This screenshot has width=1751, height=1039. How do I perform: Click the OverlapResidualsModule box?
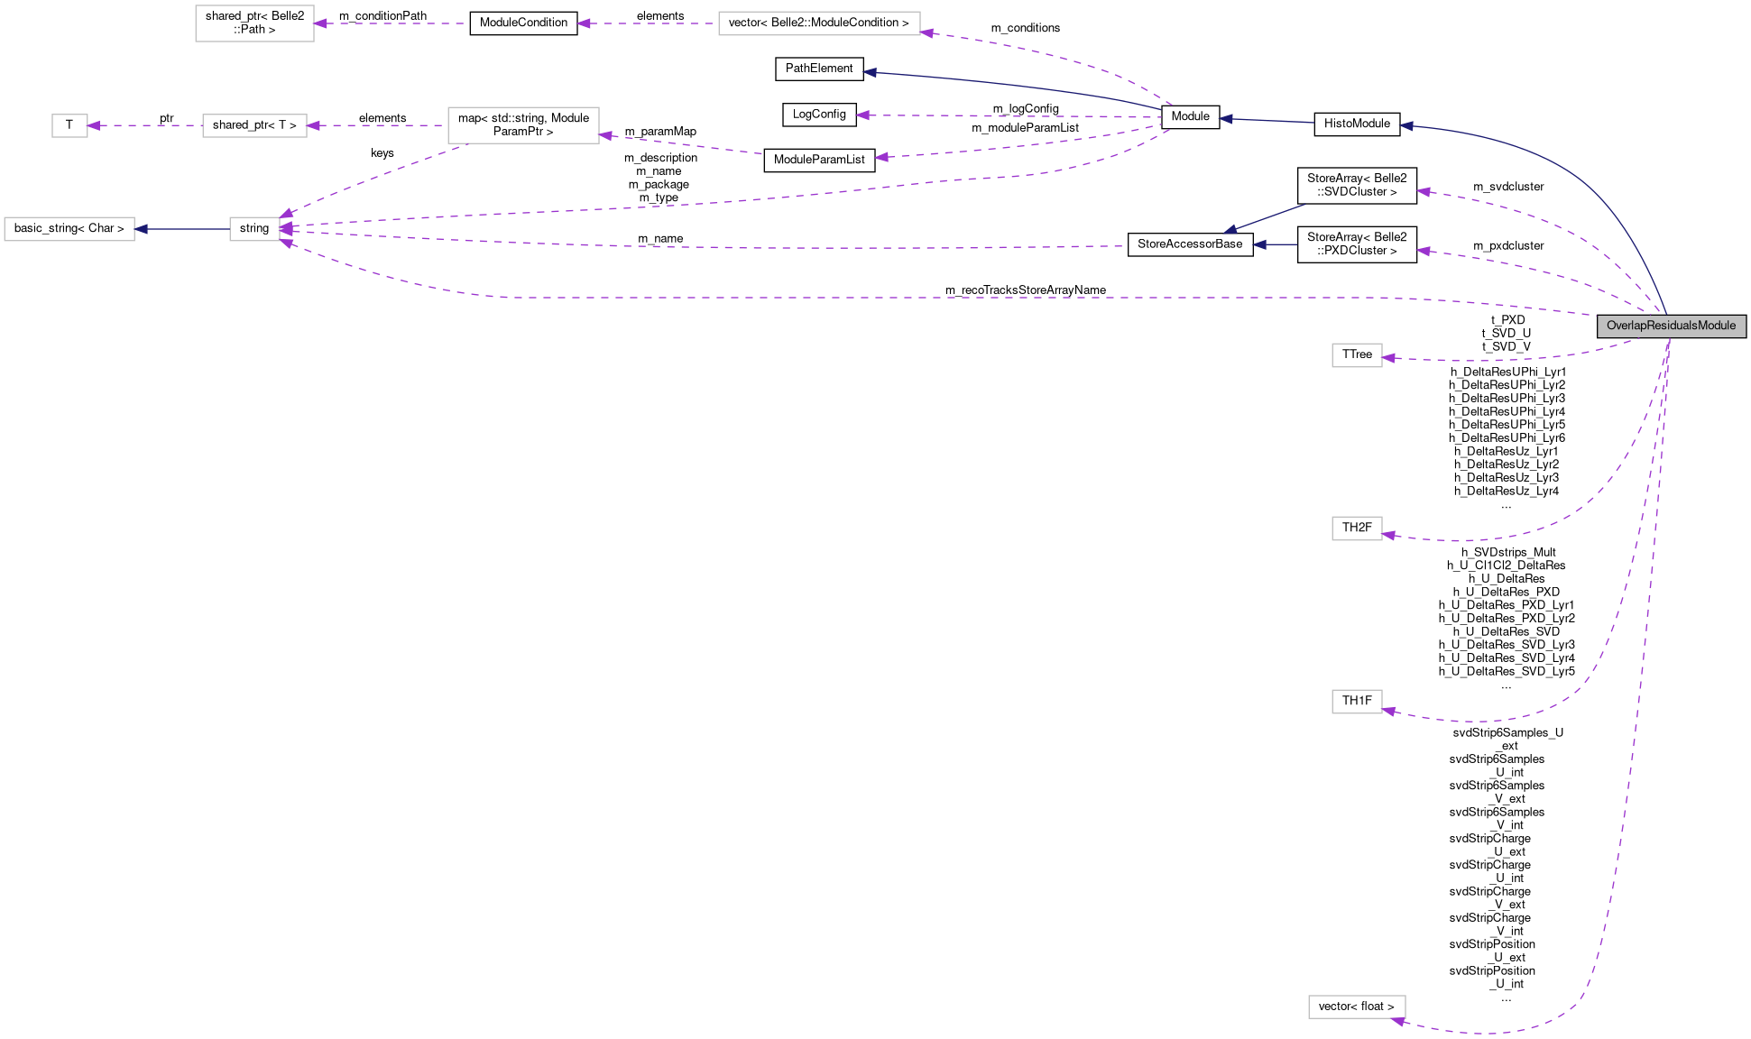coord(1671,326)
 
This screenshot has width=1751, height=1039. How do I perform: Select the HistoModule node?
coord(1357,124)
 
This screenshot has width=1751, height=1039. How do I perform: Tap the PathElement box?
coord(819,69)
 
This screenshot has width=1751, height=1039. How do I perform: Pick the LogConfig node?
coord(819,115)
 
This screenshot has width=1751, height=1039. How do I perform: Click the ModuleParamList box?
coord(819,160)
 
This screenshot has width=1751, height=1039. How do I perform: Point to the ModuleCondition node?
coord(523,23)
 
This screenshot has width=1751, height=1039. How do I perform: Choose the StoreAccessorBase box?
coord(1190,244)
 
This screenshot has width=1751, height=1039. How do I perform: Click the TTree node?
coord(1357,354)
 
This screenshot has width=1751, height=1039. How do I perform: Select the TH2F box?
coord(1357,528)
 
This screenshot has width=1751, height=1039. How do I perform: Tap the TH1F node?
coord(1357,701)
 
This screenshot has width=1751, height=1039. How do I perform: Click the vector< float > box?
coord(1356,1007)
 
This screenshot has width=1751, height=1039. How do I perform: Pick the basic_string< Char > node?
coord(69,229)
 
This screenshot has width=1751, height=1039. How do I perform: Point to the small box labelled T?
coord(69,125)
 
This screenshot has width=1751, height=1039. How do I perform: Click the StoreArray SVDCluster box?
coord(1357,185)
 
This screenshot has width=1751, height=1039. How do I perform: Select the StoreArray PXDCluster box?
coord(1357,244)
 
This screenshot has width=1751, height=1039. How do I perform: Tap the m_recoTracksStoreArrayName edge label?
coord(1026,290)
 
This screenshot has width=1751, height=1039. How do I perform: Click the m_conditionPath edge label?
coord(382,16)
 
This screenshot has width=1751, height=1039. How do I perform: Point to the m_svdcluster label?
coord(1508,187)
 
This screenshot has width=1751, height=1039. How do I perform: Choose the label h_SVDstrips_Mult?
coord(1508,552)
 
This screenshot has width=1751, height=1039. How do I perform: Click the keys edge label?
coord(382,153)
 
